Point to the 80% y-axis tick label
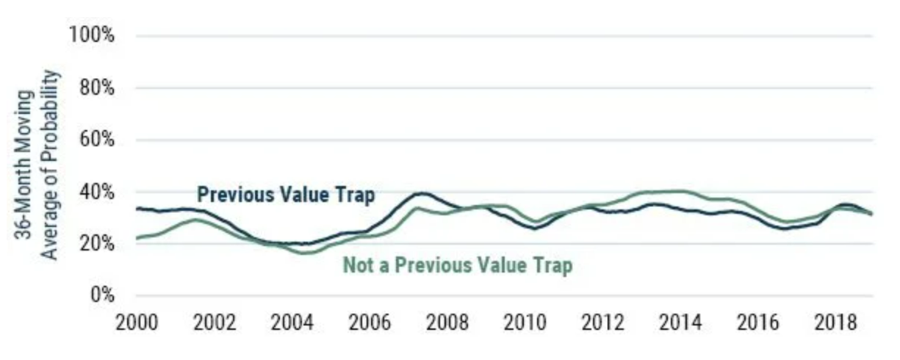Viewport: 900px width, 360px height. coord(95,87)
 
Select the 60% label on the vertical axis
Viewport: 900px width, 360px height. coord(95,140)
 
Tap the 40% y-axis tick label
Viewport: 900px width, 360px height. coord(95,192)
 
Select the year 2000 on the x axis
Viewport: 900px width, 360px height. coord(137,324)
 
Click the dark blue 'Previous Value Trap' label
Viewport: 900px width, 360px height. coord(286,195)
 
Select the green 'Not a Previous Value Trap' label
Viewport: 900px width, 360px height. coord(458,266)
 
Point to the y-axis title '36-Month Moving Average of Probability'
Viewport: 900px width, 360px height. coord(38,164)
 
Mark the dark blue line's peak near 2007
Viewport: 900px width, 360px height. coord(420,193)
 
